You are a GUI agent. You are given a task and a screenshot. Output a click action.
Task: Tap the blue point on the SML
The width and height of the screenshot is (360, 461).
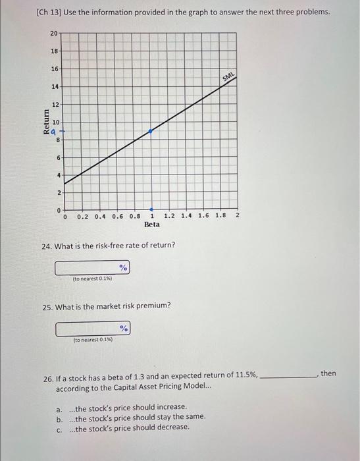(151, 132)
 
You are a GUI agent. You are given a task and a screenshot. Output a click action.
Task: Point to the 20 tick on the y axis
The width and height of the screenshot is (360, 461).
(53, 33)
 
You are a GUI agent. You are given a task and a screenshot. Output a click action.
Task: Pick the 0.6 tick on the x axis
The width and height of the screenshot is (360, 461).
(118, 215)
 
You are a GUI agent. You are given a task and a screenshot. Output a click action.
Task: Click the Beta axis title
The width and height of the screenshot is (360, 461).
(151, 225)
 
